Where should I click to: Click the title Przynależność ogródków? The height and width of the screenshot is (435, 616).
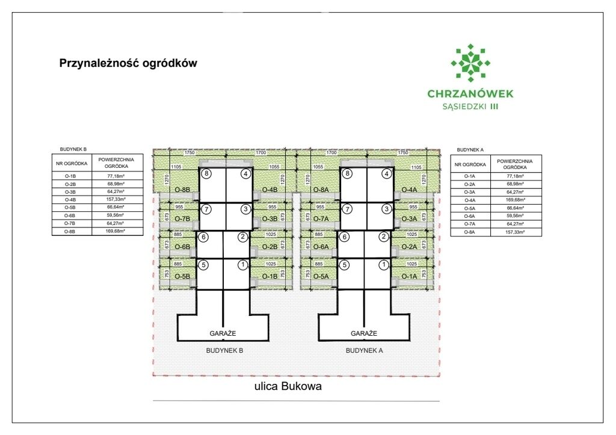click(x=128, y=63)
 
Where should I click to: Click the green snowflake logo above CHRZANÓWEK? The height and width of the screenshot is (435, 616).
click(x=470, y=63)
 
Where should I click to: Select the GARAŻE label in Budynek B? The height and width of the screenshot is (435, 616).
click(x=222, y=333)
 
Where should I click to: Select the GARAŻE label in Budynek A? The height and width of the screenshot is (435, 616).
click(x=364, y=333)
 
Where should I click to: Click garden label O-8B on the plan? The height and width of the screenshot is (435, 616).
click(x=182, y=190)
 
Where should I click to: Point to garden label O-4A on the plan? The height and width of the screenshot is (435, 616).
click(x=409, y=190)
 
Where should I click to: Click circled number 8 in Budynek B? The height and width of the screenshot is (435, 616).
click(x=207, y=174)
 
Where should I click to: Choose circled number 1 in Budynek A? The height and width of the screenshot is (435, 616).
click(x=384, y=264)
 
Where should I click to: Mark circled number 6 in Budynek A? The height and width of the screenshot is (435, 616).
click(x=345, y=237)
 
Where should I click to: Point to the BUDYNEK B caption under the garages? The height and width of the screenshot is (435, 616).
click(x=223, y=350)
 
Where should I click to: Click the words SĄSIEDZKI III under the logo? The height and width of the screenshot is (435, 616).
click(x=470, y=106)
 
